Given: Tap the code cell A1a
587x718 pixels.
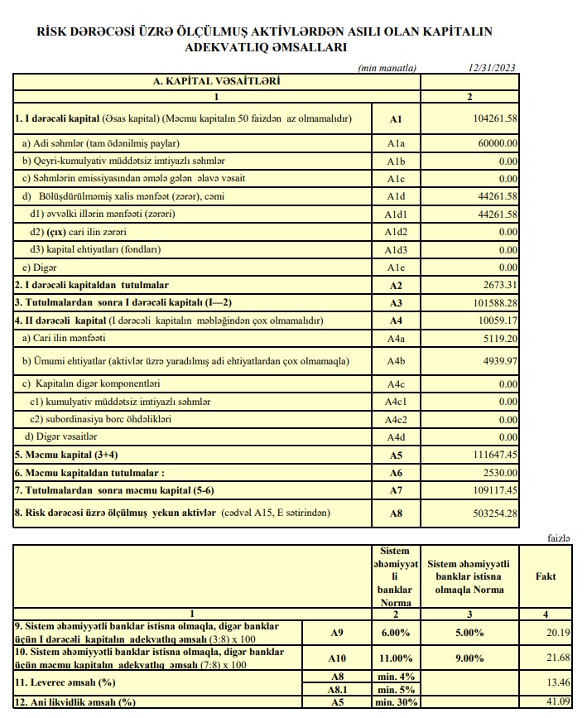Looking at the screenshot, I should coord(395,142).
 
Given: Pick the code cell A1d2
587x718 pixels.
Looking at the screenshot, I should coord(395,232).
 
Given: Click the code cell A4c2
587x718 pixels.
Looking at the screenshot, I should coord(395,419).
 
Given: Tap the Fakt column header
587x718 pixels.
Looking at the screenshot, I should coord(546,576).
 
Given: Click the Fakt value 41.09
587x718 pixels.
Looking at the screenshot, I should coord(551,702).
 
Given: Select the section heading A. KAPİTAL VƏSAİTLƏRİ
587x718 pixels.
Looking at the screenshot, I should coord(216,82).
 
